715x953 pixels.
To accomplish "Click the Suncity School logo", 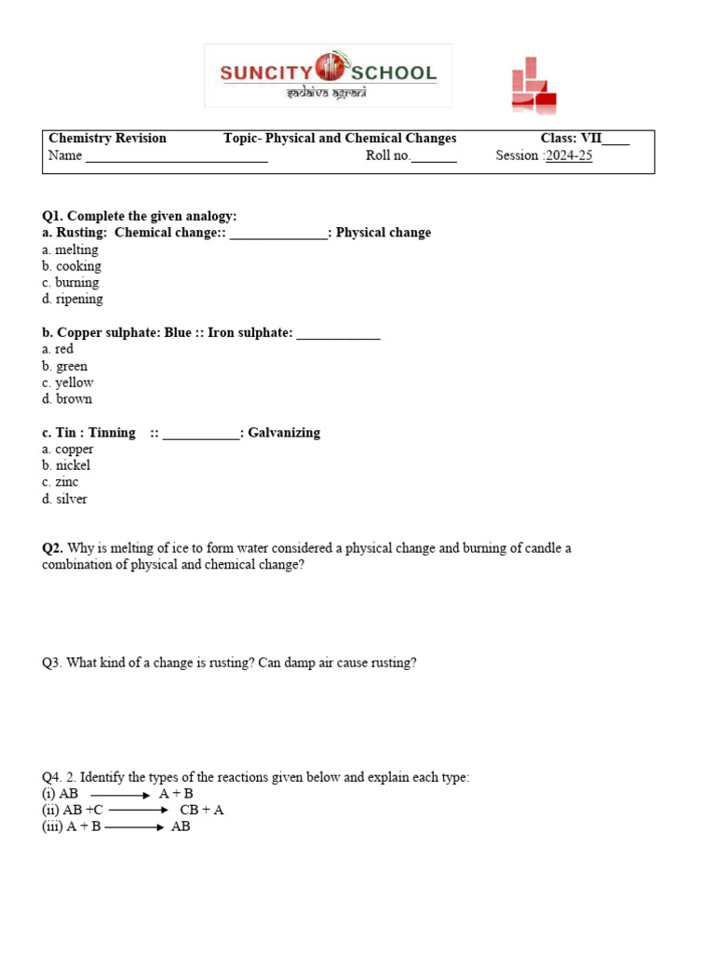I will [x=328, y=75].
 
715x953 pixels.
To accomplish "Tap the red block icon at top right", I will [x=533, y=87].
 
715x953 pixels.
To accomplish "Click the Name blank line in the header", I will [x=177, y=157].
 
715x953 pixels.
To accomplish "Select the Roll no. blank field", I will [x=434, y=157].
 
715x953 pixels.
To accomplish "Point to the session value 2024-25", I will [x=569, y=155].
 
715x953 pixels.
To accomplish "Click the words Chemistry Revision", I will [x=107, y=139].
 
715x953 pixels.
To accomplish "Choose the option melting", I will [x=75, y=249].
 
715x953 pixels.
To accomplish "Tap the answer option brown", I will [x=74, y=399].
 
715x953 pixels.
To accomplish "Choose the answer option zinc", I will [x=66, y=482].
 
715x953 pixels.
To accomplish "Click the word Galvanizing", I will [x=284, y=433].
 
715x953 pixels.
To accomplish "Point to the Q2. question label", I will [x=52, y=548].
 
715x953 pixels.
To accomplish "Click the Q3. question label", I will [x=51, y=663].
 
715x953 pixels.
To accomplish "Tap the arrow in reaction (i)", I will [x=120, y=794].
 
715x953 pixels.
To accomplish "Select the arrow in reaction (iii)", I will [x=135, y=826].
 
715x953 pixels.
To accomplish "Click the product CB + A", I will [x=201, y=810].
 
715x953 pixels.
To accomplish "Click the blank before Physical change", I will [x=278, y=234].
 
